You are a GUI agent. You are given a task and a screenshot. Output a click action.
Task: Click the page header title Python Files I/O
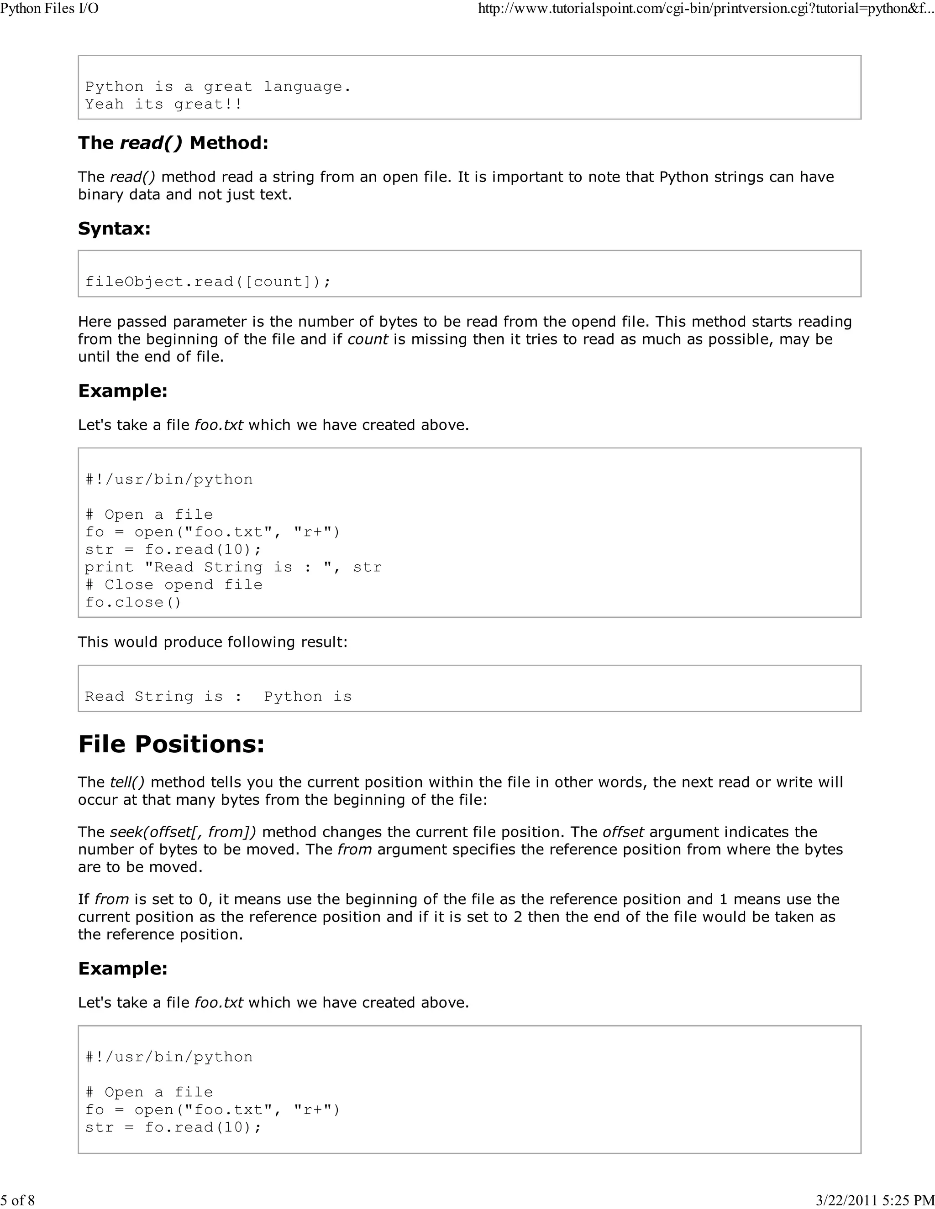pyautogui.click(x=49, y=9)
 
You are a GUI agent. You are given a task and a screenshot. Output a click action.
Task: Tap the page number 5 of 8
pyautogui.click(x=18, y=1199)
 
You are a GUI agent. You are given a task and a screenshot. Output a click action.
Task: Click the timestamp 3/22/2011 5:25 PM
pyautogui.click(x=875, y=1199)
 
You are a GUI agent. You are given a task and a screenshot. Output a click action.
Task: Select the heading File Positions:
pyautogui.click(x=171, y=744)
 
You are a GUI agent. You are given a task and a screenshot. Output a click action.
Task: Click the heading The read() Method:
pyautogui.click(x=173, y=143)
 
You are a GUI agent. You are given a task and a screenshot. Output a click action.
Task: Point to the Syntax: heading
pyautogui.click(x=114, y=229)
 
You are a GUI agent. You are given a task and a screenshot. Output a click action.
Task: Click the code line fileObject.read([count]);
pyautogui.click(x=208, y=282)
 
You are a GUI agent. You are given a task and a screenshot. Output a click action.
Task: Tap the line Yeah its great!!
pyautogui.click(x=163, y=104)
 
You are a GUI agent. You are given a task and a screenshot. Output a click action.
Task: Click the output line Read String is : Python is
pyautogui.click(x=218, y=696)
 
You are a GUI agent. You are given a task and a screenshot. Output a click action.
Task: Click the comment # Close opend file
pyautogui.click(x=173, y=584)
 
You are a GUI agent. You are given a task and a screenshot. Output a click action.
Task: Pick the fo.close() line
pyautogui.click(x=133, y=602)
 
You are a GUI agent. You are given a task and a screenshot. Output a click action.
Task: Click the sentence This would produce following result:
pyautogui.click(x=213, y=642)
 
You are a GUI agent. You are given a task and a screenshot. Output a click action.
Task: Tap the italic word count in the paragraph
pyautogui.click(x=367, y=339)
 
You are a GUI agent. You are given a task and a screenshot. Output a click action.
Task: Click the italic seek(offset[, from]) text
pyautogui.click(x=183, y=832)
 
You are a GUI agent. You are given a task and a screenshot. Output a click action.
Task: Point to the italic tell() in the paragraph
pyautogui.click(x=127, y=782)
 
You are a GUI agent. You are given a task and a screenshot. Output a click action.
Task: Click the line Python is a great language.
pyautogui.click(x=218, y=87)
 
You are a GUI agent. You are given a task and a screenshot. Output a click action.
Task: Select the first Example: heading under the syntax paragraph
pyautogui.click(x=122, y=391)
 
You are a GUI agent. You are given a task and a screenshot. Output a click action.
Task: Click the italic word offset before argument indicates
pyautogui.click(x=623, y=832)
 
